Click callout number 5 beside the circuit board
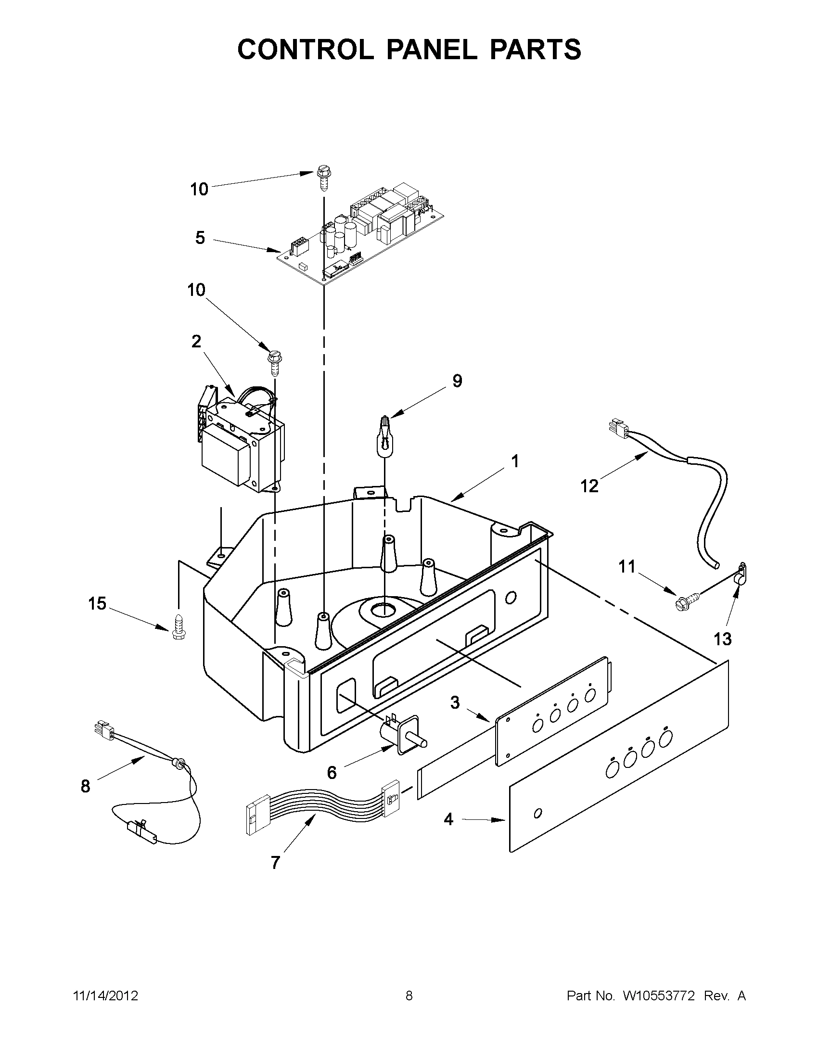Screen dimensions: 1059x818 click(200, 238)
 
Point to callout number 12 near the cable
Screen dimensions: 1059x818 click(589, 486)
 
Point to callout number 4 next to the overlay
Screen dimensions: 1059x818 click(448, 819)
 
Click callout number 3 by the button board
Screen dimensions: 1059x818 click(455, 702)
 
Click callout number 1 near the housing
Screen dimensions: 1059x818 click(515, 461)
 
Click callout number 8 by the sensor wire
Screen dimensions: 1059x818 click(85, 786)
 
